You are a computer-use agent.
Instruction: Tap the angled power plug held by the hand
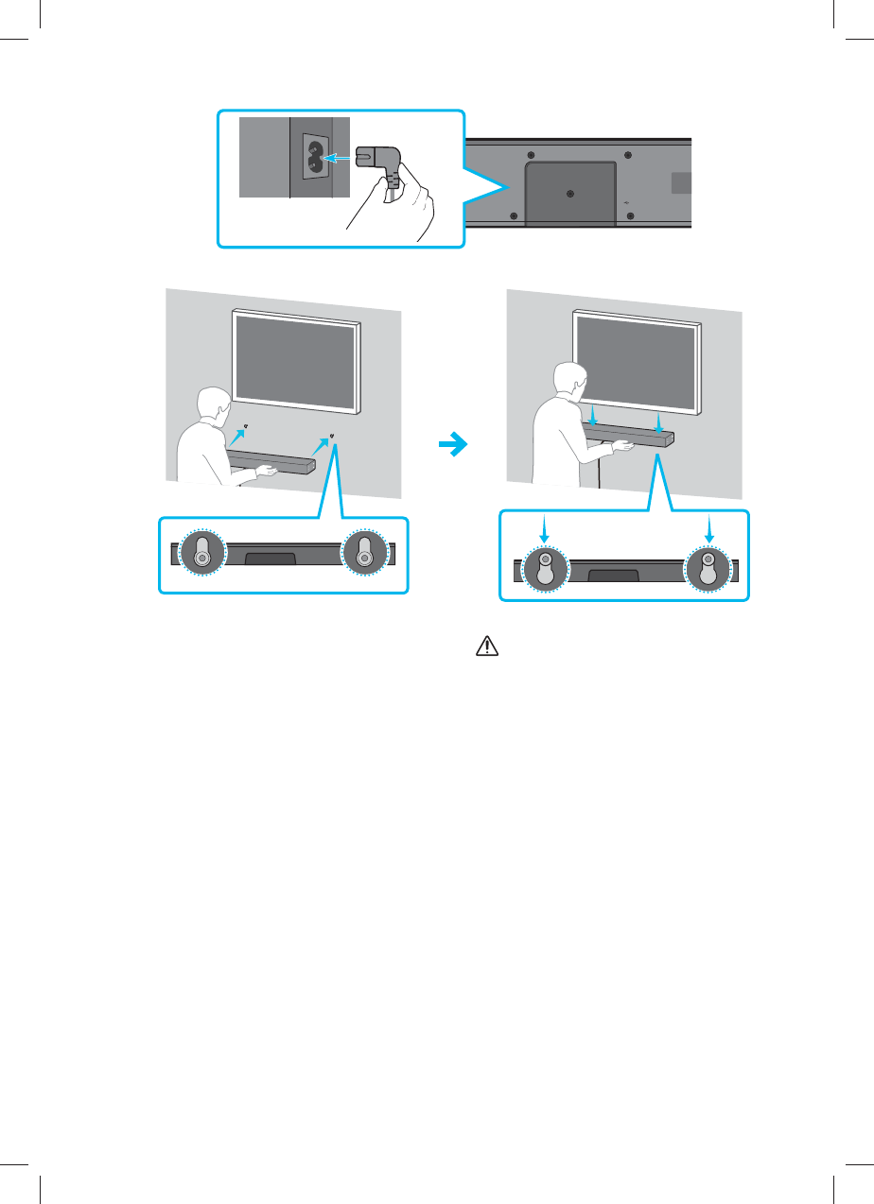379,162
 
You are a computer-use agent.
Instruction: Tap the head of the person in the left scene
209,406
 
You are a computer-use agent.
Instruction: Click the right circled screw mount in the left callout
364,556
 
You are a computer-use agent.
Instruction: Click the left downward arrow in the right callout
545,532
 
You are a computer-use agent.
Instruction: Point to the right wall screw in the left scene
332,435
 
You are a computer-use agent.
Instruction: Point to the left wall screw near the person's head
245,425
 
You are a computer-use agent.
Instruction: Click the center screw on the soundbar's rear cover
568,193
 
